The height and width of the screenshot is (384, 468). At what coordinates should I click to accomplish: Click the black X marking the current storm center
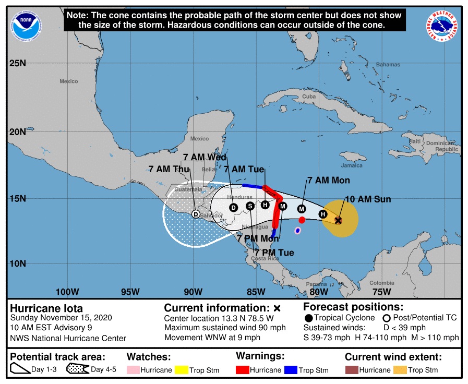338,221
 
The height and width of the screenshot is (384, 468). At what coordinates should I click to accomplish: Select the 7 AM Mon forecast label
328,181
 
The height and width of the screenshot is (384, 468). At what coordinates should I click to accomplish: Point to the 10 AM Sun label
367,199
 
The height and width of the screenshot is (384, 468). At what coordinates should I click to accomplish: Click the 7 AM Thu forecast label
169,169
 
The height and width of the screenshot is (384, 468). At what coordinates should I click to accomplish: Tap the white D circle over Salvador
196,214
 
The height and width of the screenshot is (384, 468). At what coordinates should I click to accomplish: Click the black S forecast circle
250,206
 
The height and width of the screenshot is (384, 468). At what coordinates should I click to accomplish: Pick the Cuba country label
309,97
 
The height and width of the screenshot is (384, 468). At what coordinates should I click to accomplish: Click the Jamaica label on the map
352,165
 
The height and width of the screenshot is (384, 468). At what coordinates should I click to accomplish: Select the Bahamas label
388,65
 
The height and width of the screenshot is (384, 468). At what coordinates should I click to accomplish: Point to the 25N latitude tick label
17,63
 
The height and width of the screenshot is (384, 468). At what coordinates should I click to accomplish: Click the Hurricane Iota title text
46,308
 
